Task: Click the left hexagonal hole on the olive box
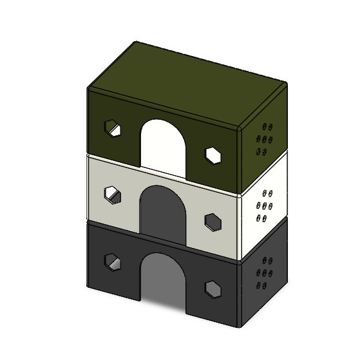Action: tap(113, 128)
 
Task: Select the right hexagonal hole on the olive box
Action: tap(214, 155)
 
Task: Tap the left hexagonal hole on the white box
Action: tap(113, 194)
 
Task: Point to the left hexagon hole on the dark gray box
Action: tap(113, 261)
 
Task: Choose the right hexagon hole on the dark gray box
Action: tap(213, 289)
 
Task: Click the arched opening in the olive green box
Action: tap(164, 145)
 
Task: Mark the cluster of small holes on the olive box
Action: tap(265, 138)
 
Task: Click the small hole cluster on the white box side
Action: tap(265, 205)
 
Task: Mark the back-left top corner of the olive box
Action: tap(135, 44)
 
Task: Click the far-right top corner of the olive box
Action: tap(285, 84)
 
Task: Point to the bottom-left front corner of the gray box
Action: tap(88, 285)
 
